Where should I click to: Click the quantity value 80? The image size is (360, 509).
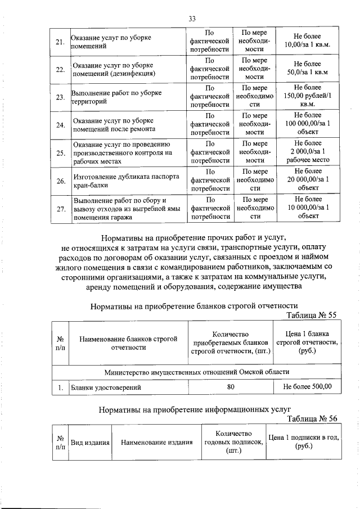[231, 387]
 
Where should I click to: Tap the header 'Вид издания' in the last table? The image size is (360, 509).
[89, 443]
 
